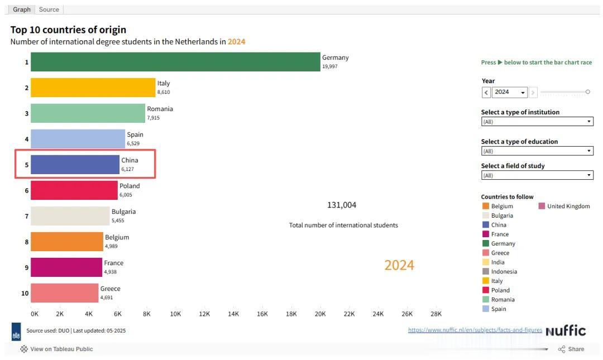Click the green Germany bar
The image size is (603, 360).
[x=175, y=62]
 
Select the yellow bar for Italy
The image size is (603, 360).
[x=93, y=88]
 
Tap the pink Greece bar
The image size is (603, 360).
[x=64, y=293]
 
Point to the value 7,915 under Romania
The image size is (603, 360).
[x=154, y=118]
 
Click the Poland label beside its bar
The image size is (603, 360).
[x=130, y=186]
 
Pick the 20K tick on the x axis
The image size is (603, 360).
[x=320, y=314]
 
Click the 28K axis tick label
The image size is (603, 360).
[x=436, y=314]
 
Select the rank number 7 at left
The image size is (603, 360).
[x=26, y=216]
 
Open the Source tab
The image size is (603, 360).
[x=49, y=9]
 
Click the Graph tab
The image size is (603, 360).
[x=22, y=9]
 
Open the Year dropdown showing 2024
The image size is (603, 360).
[x=510, y=92]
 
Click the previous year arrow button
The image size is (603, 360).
[x=486, y=92]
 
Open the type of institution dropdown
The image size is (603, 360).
[x=537, y=122]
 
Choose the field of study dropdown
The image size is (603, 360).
[x=537, y=175]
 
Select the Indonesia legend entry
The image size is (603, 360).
[x=504, y=272]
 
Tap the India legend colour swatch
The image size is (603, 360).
[x=485, y=262]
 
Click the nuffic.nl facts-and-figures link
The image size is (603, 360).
[x=475, y=330]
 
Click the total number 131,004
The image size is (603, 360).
[x=342, y=205]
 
